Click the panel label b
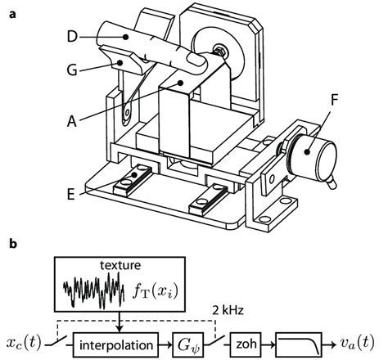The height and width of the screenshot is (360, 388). pos(10,244)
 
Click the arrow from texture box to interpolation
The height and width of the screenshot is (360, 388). pos(116,322)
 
